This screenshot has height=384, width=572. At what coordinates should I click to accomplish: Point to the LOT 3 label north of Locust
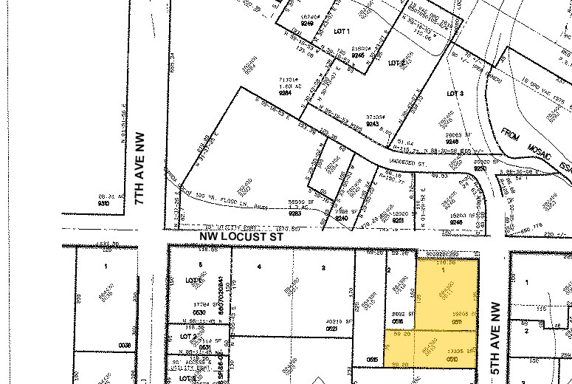click(x=455, y=94)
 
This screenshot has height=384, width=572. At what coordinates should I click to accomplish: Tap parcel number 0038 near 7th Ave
click(x=123, y=345)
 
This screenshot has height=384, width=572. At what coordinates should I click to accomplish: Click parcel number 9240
click(x=341, y=218)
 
